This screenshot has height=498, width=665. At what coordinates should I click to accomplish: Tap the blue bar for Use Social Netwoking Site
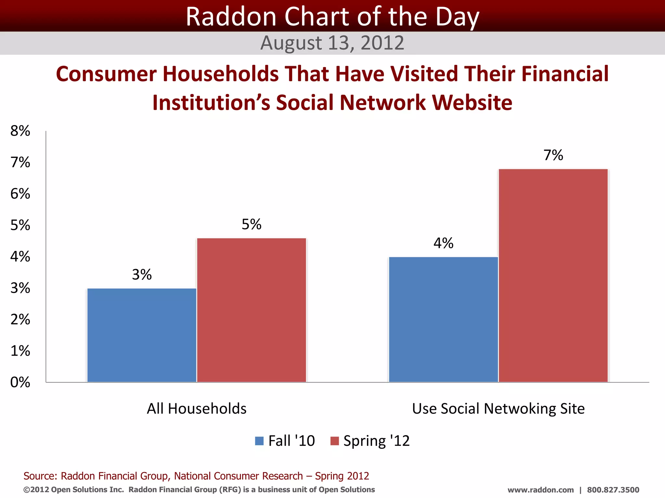click(x=443, y=319)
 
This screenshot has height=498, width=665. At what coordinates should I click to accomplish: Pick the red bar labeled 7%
click(x=553, y=275)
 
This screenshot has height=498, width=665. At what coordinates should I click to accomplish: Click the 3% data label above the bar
click(x=142, y=275)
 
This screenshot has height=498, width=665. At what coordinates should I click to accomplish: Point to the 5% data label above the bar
click(x=252, y=224)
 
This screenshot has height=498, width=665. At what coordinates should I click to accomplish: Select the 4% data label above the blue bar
click(x=443, y=243)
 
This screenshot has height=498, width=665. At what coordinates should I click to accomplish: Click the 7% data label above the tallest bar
click(x=553, y=155)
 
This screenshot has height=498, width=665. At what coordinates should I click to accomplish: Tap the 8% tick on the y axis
click(x=20, y=131)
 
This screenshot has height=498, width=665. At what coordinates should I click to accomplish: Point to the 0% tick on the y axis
click(x=20, y=382)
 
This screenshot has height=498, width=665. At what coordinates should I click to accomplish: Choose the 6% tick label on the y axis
click(x=20, y=194)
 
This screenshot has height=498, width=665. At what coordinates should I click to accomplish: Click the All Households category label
click(x=197, y=409)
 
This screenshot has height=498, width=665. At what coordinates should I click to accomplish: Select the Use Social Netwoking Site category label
click(x=498, y=409)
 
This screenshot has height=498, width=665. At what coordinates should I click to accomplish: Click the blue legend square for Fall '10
click(x=259, y=441)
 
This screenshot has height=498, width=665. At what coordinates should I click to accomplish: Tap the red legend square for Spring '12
click(x=334, y=441)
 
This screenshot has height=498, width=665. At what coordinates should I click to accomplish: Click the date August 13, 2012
click(x=332, y=43)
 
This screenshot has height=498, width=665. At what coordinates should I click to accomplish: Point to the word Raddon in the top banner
click(x=231, y=17)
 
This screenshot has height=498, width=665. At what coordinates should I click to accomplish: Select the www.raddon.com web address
click(x=541, y=490)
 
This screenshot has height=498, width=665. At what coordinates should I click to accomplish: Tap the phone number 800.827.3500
click(x=613, y=490)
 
